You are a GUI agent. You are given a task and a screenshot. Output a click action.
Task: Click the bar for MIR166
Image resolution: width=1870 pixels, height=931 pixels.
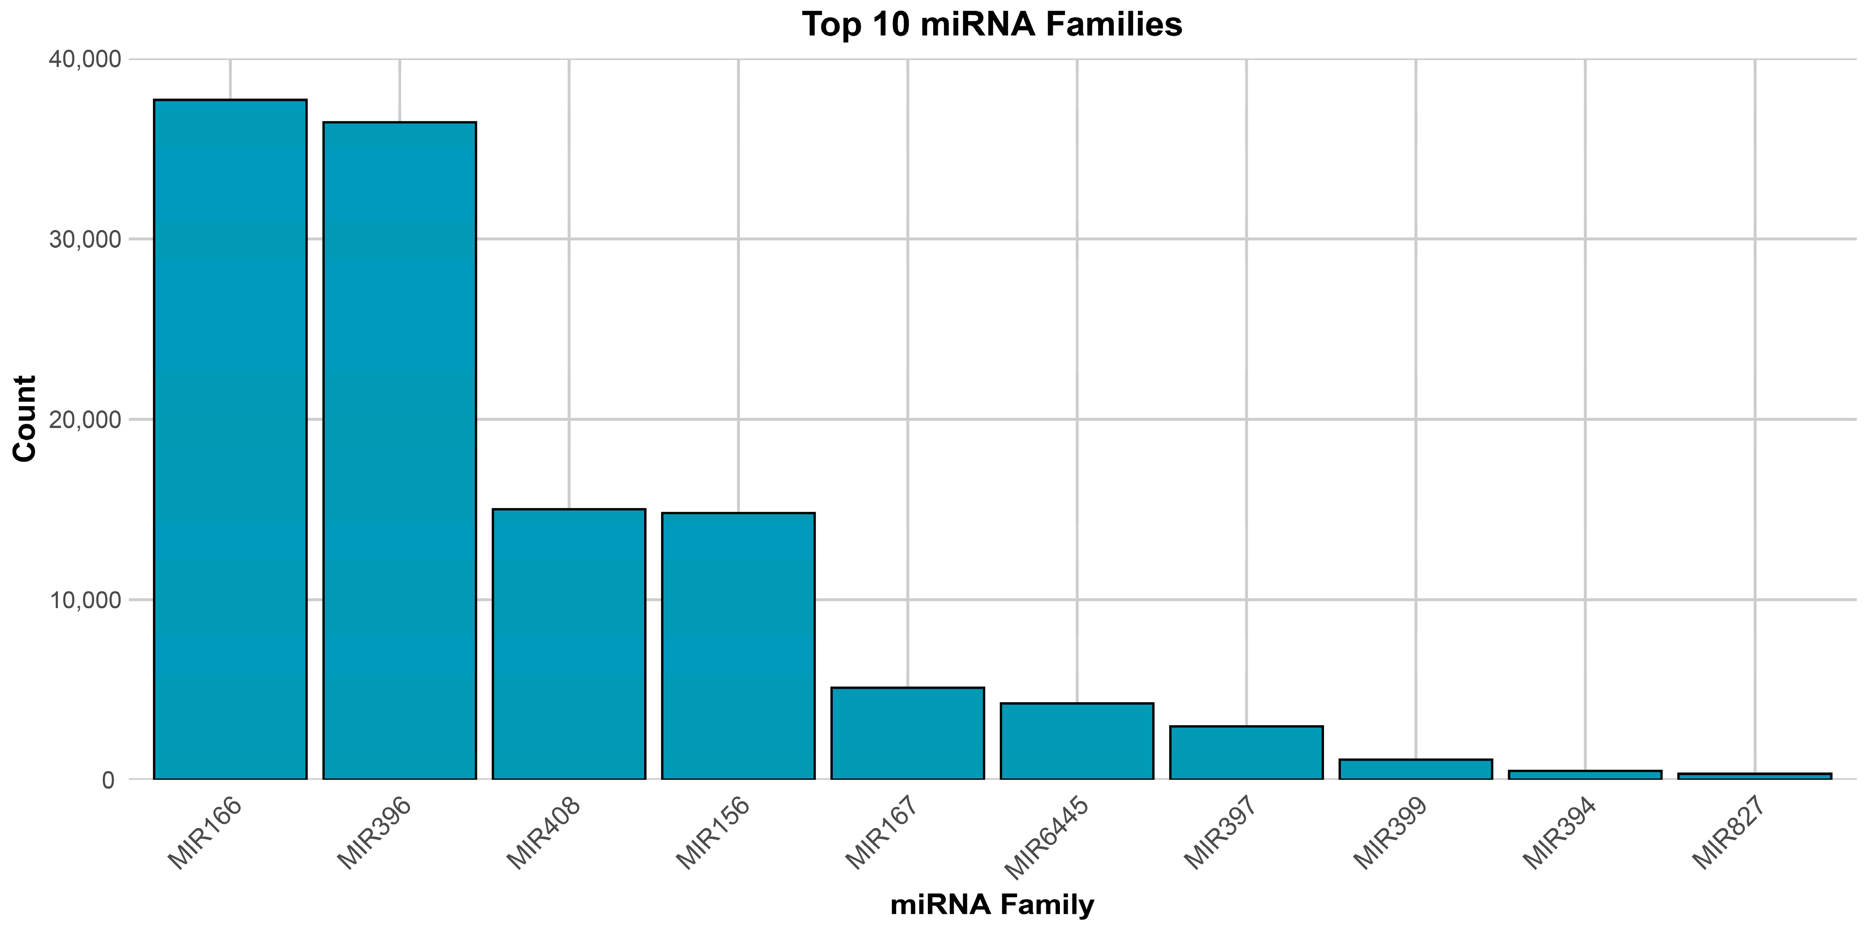[230, 439]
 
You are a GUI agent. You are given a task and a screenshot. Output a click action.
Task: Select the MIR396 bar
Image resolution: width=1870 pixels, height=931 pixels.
[399, 450]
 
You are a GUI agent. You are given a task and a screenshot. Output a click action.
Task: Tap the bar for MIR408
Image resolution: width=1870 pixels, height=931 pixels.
[569, 644]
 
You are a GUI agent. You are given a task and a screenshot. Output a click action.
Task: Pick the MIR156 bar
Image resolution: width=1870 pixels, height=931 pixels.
[738, 647]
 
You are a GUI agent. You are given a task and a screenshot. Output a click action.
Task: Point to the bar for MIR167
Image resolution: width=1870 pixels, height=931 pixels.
[907, 734]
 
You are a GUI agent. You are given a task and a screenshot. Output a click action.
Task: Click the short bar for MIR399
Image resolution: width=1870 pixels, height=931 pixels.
[1416, 770]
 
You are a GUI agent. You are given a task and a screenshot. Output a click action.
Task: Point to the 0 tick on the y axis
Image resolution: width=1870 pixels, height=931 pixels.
[108, 780]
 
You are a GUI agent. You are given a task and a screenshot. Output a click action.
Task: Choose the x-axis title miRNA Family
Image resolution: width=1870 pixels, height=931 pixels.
[992, 905]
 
